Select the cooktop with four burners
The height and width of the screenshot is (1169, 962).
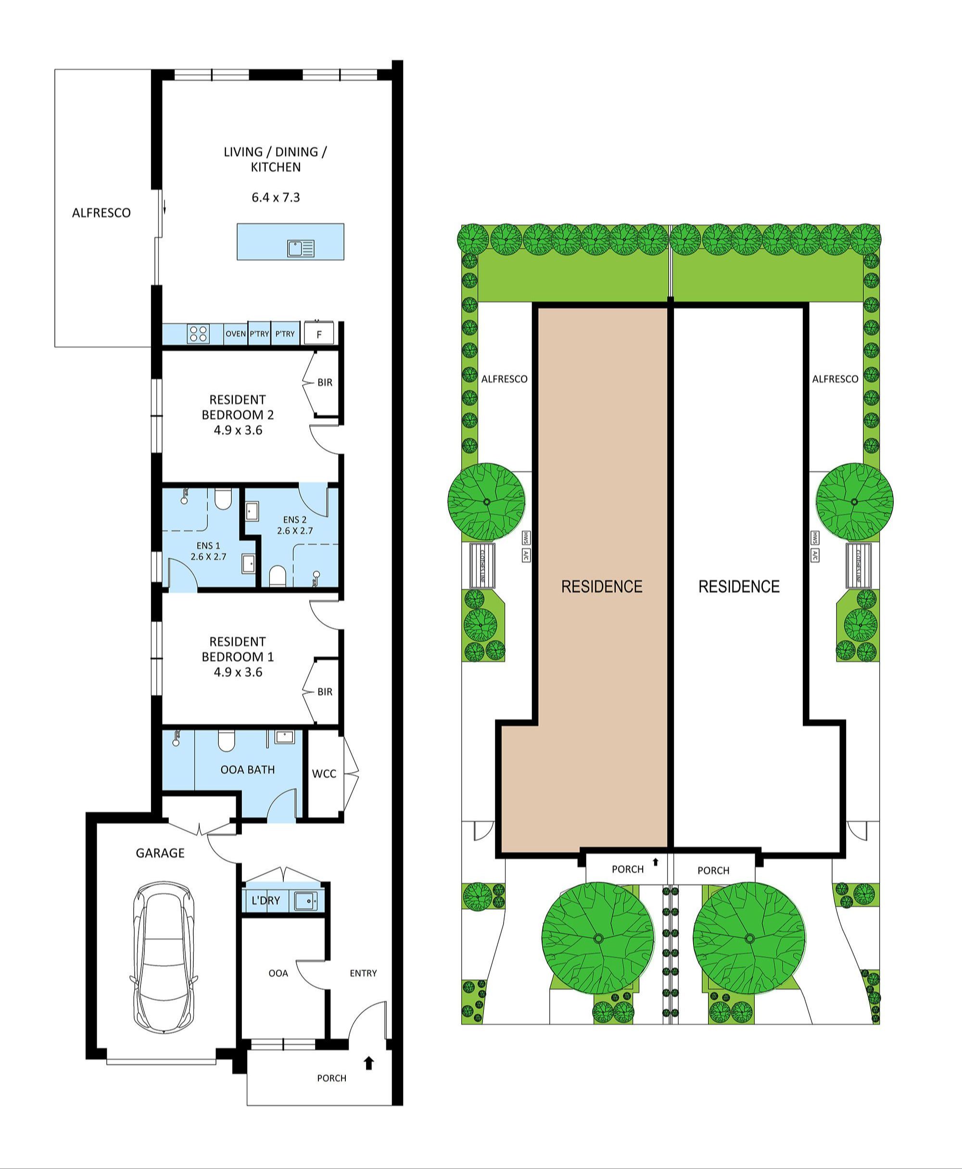(x=198, y=334)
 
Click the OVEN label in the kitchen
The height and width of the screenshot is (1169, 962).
(x=236, y=334)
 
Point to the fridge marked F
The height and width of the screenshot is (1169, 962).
(x=319, y=334)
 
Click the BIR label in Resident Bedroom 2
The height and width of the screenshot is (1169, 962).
(x=325, y=382)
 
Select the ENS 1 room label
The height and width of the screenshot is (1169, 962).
(x=208, y=546)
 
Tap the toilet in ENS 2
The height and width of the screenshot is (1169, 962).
(x=277, y=576)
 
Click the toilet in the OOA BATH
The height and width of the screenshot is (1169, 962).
(x=226, y=741)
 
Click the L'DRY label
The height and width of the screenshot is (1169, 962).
(x=266, y=900)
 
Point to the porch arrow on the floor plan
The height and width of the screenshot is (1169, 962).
(x=369, y=1063)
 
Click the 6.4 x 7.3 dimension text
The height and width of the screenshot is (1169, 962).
(x=276, y=197)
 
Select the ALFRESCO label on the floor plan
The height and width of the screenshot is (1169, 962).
(x=101, y=213)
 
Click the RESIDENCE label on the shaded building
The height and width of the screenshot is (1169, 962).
(x=602, y=586)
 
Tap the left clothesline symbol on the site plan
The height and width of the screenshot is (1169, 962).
(x=482, y=565)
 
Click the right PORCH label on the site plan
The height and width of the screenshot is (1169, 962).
(x=713, y=870)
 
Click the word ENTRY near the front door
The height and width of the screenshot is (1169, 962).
(x=363, y=973)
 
